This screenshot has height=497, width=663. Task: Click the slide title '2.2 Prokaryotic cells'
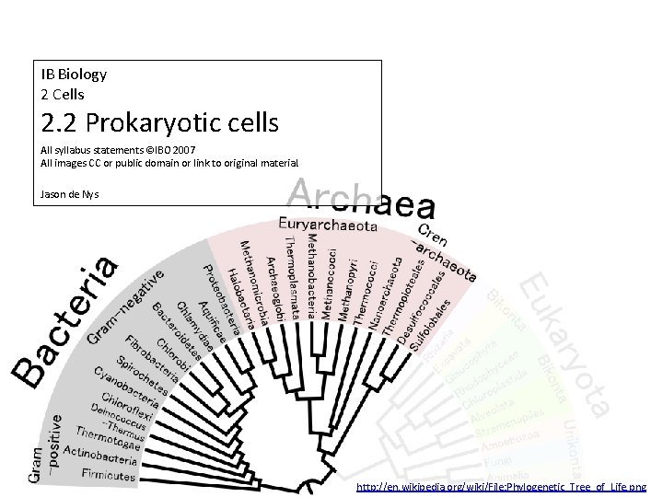coord(159,121)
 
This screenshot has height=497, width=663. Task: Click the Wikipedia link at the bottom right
coord(501,486)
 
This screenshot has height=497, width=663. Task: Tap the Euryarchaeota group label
coord(328,224)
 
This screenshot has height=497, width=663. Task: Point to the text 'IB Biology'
coord(74,74)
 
